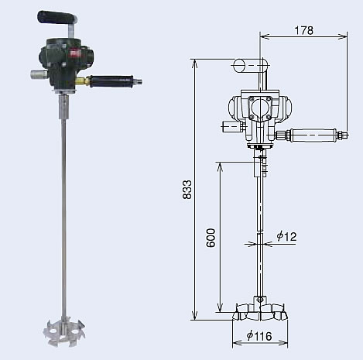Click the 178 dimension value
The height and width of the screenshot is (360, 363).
(304, 30)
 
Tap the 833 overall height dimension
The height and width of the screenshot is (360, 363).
(187, 190)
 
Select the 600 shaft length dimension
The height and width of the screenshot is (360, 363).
(211, 238)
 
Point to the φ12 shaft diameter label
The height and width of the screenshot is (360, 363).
(286, 236)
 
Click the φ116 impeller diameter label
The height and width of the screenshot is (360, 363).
(259, 336)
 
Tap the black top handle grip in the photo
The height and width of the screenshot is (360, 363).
(57, 17)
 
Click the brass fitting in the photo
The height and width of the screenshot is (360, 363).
(82, 81)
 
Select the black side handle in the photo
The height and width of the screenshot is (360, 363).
(111, 81)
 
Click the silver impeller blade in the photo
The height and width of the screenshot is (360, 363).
(64, 331)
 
